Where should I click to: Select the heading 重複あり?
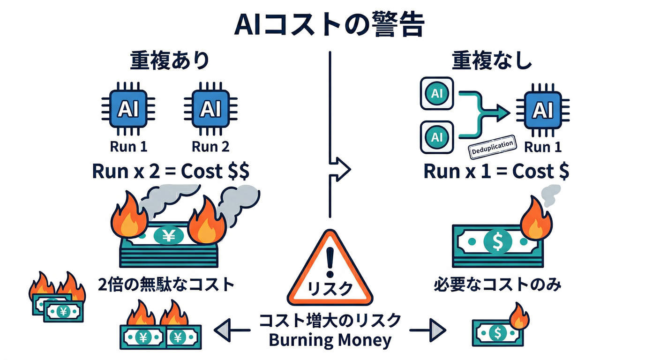click(169, 61)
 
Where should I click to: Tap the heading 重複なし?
click(492, 61)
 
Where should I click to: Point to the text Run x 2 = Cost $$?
click(171, 172)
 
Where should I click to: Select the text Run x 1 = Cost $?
click(496, 172)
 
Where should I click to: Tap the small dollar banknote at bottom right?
click(495, 333)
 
